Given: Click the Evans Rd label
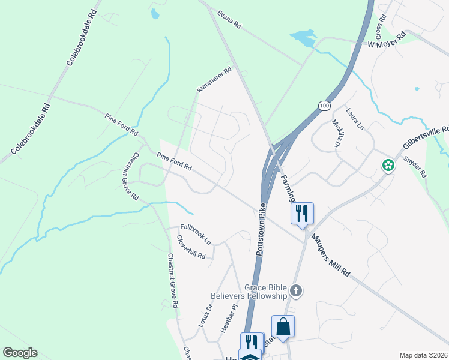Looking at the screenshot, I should point(229,20).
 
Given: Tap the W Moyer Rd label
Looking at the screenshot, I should point(387,40).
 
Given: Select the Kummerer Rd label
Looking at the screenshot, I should point(214,80).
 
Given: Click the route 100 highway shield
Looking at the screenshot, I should point(324,106).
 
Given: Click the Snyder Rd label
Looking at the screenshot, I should point(415,167).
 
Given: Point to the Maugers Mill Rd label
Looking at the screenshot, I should point(330,254).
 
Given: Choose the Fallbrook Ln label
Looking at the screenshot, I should point(196,233).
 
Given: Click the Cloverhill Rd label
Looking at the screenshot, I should point(191,247).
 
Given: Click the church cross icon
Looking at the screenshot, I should point(295,292).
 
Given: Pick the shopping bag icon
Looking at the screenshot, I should point(283,326).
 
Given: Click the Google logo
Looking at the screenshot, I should point(20,353).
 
